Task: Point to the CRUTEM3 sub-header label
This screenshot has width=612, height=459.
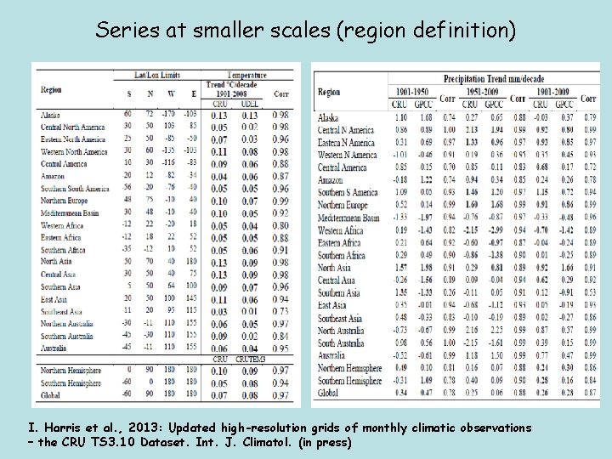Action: click(x=251, y=360)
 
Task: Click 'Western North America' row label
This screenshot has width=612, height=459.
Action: click(x=74, y=151)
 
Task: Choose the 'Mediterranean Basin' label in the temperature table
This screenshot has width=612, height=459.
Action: click(x=74, y=213)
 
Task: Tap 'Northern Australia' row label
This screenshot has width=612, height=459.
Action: click(x=67, y=324)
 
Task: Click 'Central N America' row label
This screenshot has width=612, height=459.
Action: click(x=346, y=130)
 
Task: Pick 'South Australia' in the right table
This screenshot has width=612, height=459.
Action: click(x=341, y=343)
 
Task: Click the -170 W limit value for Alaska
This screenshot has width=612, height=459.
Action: click(x=168, y=114)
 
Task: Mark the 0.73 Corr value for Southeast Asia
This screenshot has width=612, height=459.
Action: click(x=280, y=312)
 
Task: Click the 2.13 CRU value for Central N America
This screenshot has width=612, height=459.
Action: click(x=471, y=130)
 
